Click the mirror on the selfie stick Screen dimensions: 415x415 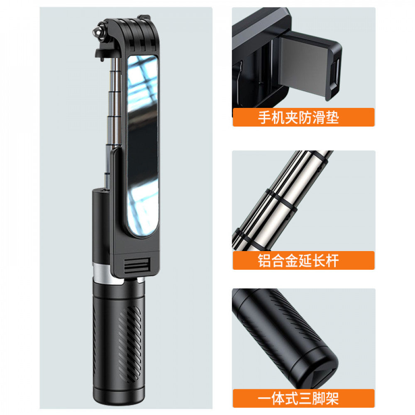[x=142, y=145]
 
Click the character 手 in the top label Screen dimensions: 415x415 [x=266, y=117]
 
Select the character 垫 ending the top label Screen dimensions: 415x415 [x=332, y=117]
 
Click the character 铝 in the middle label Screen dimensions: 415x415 [x=266, y=261]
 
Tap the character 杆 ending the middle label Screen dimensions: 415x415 [x=332, y=261]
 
